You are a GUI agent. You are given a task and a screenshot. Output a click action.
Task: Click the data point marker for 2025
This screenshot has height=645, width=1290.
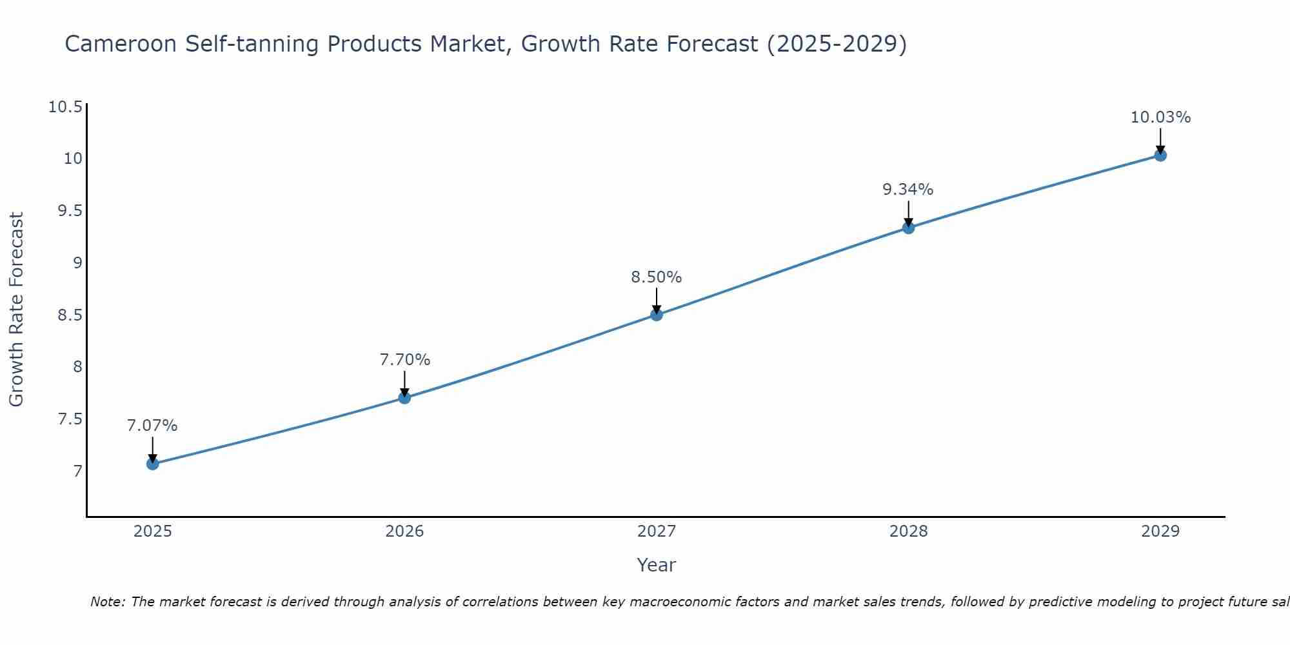(152, 464)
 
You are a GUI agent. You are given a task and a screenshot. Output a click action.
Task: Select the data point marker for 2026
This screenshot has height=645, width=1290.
(404, 397)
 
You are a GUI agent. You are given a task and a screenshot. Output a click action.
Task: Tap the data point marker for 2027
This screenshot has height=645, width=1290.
(657, 315)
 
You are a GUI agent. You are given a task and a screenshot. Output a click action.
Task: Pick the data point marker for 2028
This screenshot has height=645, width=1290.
(908, 227)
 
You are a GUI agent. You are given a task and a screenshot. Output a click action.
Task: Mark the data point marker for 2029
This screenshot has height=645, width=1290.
(1160, 155)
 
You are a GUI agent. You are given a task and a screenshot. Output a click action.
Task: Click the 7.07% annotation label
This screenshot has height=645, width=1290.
(152, 426)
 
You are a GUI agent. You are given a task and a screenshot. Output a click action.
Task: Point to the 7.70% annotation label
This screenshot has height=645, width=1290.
(404, 360)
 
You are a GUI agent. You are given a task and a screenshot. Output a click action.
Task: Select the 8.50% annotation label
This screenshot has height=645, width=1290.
(657, 277)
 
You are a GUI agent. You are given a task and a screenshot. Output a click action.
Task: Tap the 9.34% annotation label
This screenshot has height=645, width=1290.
(908, 190)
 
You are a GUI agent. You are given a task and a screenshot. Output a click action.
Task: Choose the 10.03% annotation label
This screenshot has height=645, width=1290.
(1160, 117)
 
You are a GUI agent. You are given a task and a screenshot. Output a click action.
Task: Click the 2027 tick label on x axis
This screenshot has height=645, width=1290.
(657, 531)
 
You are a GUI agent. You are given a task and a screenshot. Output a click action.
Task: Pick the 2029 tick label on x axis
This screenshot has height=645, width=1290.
(1160, 531)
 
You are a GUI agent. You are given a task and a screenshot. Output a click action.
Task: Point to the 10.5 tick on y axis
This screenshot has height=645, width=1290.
(66, 107)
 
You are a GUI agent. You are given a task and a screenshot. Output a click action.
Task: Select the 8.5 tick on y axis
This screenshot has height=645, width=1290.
(70, 315)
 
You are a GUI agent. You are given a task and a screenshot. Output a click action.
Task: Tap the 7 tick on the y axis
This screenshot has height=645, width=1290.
(78, 471)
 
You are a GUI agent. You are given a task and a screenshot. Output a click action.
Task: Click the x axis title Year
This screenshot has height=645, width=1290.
(657, 565)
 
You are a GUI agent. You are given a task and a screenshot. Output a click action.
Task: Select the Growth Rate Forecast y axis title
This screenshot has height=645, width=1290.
(17, 310)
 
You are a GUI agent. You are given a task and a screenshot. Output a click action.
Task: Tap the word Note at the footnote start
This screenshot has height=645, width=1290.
(107, 602)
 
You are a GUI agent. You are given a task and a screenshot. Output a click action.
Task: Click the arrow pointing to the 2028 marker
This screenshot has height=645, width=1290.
(908, 213)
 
